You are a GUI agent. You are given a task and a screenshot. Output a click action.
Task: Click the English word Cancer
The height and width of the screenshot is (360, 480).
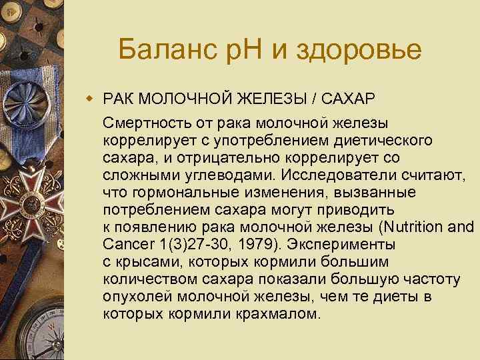coord(128,245)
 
